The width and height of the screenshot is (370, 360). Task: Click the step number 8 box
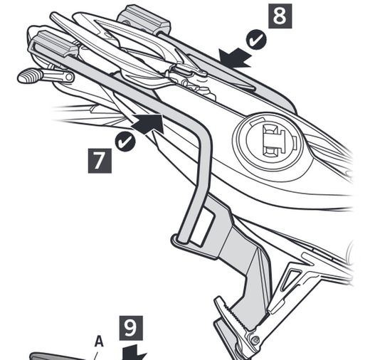pos(280,16)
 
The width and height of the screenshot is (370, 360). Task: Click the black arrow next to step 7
pos(150,125)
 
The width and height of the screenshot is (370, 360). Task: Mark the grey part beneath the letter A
pos(64,356)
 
